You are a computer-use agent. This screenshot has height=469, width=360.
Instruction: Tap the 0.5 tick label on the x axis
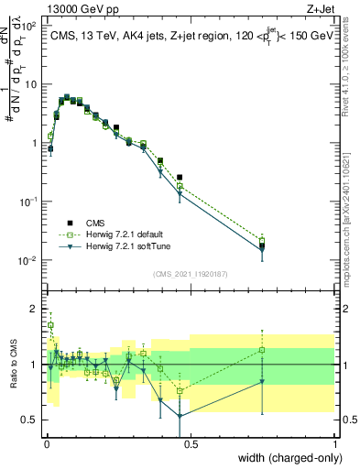[191, 442]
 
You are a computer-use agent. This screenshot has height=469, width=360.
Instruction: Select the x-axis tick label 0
[46, 442]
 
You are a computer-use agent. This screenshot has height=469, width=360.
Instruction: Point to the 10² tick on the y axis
[30, 27]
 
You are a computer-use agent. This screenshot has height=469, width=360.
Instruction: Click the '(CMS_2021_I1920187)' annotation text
[190, 274]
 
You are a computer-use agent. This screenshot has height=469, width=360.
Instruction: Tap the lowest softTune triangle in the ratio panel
[180, 416]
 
